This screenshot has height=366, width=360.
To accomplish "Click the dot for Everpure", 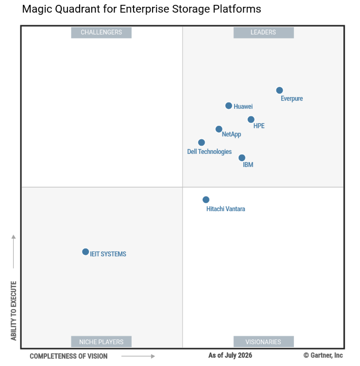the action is point(279,90).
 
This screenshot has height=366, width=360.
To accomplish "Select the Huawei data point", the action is point(229,106).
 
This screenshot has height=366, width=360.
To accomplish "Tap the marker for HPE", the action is point(251,119).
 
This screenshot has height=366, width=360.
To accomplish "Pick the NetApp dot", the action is point(219,129).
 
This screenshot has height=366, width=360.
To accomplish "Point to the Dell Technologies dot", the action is point(201,142).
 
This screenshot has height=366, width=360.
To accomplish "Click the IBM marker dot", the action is point(242,158).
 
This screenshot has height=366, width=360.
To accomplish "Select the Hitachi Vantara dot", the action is point(206,200).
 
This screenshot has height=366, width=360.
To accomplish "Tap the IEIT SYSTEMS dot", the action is point(86,252).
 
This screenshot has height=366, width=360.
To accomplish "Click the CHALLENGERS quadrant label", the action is point(102,33).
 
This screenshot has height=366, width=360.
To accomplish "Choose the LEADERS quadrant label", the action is point(263,33).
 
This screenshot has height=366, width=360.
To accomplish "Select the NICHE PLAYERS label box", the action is point(102,342).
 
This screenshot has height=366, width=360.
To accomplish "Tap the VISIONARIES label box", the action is point(263,342).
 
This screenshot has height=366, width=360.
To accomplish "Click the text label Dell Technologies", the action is point(209,152).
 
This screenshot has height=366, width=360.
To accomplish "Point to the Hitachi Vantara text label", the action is point(226,209).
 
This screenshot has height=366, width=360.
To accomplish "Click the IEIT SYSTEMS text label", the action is point(108,254).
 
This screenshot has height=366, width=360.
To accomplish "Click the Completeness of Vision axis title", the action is point(69,356).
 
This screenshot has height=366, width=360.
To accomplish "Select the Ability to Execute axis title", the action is point(14,311).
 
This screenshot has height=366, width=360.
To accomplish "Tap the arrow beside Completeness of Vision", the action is point(138,356).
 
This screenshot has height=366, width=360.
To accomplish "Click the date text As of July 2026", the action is point(230,355).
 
